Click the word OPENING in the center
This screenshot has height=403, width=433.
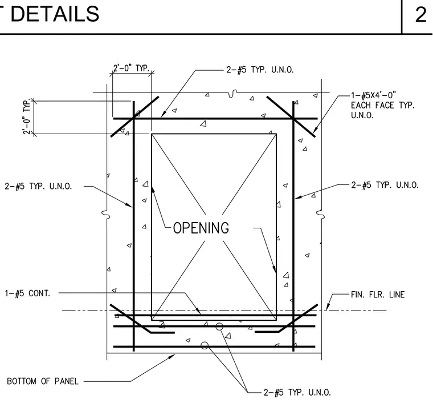pos(201,228)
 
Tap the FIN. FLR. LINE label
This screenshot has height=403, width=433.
pos(378,295)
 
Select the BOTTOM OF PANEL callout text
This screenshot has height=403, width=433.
pos(43,381)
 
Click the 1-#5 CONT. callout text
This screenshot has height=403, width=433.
pos(27,293)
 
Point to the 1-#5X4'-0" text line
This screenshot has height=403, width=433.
pos(374,95)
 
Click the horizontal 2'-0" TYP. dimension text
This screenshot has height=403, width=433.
pos(132,68)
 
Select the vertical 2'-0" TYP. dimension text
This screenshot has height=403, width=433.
pos(27,117)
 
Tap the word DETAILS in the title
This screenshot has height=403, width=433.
pos(55,14)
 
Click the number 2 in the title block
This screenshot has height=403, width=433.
pos(420,14)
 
